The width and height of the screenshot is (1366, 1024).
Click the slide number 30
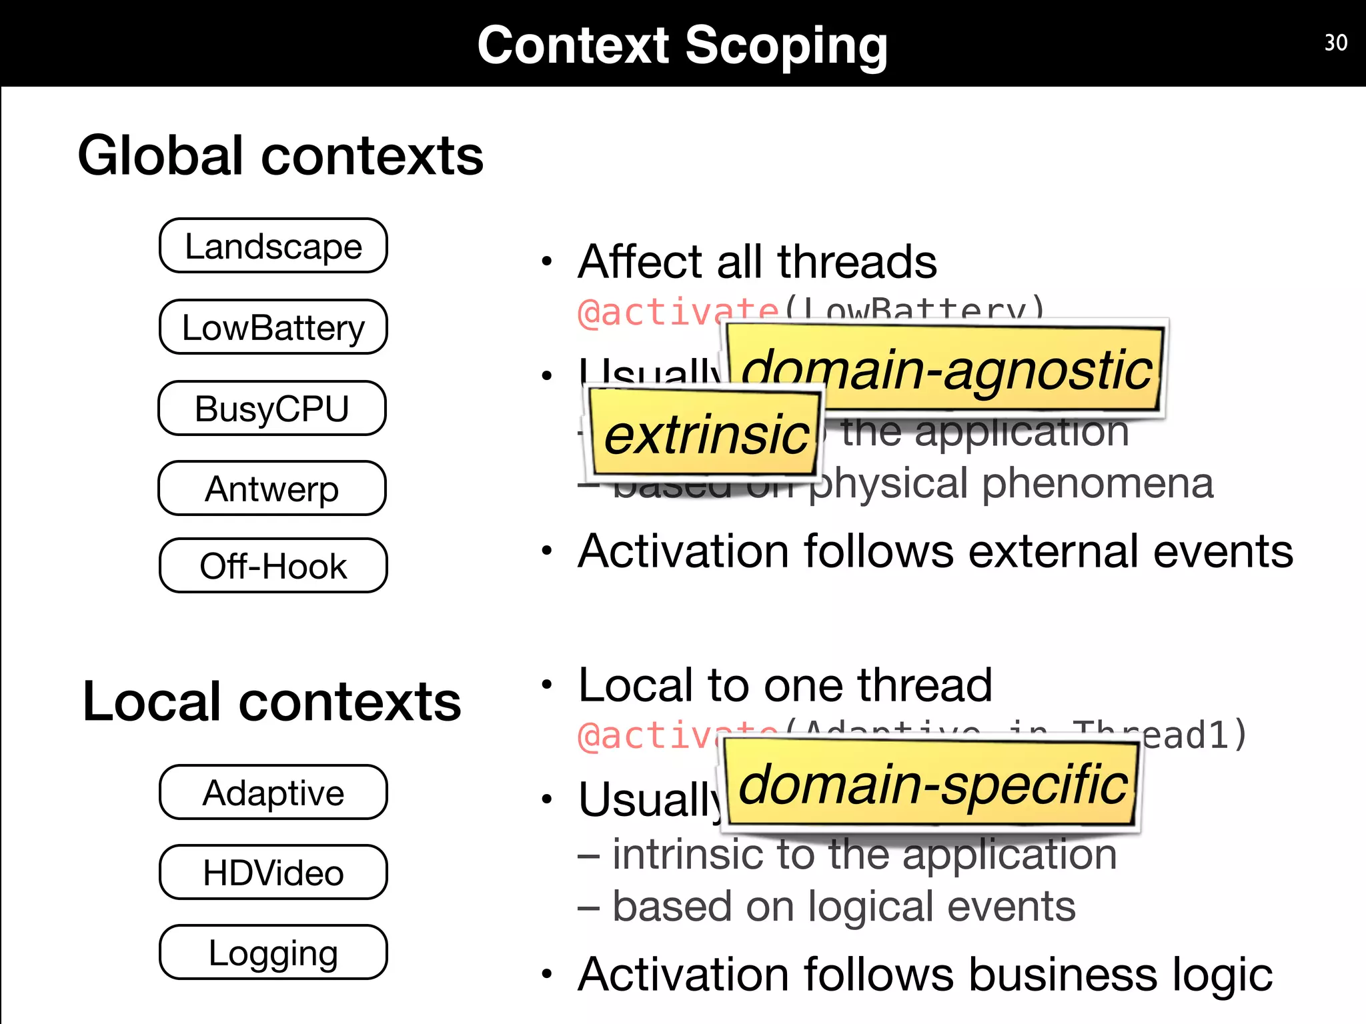[1335, 43]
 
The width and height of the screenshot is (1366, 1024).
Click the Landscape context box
[273, 246]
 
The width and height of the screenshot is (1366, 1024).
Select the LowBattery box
[273, 327]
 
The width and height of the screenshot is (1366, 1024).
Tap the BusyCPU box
[271, 408]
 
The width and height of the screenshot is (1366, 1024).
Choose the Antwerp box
[271, 489]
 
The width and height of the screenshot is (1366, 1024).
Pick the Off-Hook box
[273, 565]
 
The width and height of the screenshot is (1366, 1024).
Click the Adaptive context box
[273, 793]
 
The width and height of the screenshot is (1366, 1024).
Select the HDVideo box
[273, 873]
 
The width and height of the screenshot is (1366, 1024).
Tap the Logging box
[273, 953]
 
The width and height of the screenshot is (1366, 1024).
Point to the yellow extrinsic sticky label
[705, 435]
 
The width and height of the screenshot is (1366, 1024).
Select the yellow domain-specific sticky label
[932, 785]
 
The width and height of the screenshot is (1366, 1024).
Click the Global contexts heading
[280, 155]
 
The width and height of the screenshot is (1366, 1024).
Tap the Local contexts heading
[271, 701]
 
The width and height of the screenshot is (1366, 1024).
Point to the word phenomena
[1097, 483]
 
